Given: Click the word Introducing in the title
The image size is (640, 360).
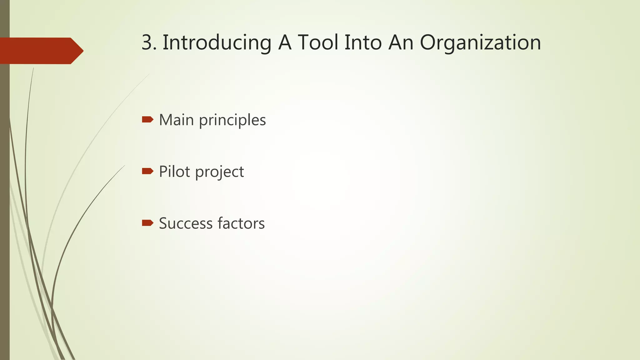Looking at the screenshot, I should coord(217,43).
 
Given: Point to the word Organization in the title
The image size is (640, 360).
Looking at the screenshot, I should coord(480,43).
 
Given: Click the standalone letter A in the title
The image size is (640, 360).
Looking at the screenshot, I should coord(285,43).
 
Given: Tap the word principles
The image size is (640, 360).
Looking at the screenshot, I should coord(232,120).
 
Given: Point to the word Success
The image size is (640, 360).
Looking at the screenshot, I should coord(185,223).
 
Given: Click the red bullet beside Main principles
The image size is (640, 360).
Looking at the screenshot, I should coord(147,119).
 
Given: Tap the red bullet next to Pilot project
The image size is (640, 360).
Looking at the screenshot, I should coord(147,171).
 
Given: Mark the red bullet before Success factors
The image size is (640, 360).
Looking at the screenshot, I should coord(147,223).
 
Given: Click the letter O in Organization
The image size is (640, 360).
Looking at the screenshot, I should coord(428,43).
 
